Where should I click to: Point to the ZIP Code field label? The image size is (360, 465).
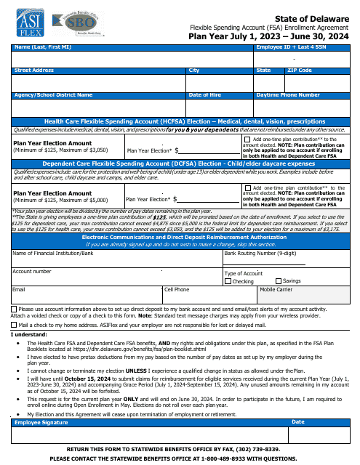coord(300,70)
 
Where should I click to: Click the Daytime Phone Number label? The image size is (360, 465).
coord(288,95)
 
